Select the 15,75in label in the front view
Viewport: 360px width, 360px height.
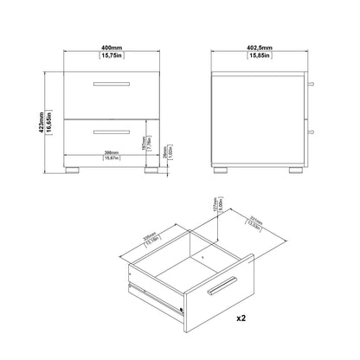[109, 57]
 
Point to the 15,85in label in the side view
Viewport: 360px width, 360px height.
[259, 57]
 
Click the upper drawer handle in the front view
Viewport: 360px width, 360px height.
[109, 84]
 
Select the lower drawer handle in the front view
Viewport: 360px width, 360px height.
[109, 130]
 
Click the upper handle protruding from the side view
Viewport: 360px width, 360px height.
[308, 85]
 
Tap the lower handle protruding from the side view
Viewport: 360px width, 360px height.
[308, 131]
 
